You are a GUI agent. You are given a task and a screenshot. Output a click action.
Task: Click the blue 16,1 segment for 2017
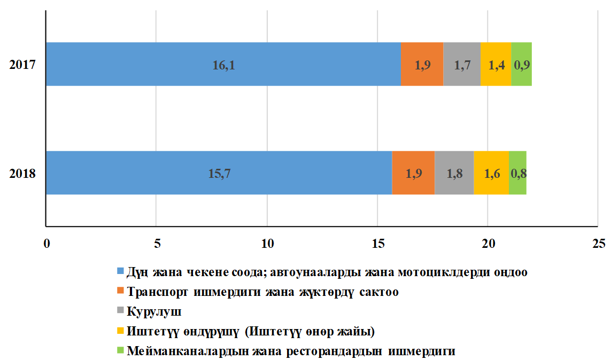pos(223,64)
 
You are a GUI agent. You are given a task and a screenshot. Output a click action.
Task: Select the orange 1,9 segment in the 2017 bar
pos(422,64)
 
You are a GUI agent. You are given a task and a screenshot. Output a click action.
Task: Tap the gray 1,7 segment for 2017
pos(462,64)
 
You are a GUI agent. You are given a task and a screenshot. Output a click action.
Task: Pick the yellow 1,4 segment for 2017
pos(496,64)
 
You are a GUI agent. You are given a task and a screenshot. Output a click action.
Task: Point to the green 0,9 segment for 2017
pos(521,64)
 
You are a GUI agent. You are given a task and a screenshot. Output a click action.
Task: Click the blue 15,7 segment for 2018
pos(219,173)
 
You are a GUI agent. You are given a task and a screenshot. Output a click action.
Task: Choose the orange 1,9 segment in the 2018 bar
pos(413,173)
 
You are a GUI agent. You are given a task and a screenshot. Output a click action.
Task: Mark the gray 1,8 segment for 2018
pos(454,173)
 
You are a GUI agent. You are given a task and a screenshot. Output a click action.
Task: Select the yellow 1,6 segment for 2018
pos(491,173)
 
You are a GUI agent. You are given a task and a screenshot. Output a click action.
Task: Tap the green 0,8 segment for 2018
pos(517,173)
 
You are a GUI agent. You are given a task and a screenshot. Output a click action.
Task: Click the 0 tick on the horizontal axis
pos(47,244)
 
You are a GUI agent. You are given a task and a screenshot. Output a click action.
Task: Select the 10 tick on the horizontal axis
pos(267,244)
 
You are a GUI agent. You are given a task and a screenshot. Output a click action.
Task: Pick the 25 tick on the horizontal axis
pos(598,244)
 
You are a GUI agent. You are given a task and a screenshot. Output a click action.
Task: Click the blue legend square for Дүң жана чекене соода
pos(120,271)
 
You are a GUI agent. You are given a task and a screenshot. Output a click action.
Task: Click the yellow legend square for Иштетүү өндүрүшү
pos(120,331)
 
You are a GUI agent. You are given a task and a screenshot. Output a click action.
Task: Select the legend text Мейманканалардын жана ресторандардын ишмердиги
pos(291,351)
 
